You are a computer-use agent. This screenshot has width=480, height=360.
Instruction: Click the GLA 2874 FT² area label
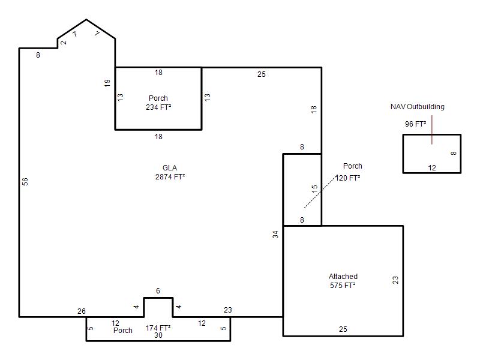170,172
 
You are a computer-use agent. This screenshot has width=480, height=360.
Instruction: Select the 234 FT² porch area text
158,107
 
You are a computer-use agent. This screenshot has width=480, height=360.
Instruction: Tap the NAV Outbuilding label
417,107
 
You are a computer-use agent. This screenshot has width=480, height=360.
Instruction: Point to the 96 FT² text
415,124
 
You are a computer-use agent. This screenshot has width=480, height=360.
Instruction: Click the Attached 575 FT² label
343,281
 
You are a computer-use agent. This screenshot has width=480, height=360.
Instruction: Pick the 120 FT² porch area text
348,178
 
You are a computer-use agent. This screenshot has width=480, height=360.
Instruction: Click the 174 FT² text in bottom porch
158,328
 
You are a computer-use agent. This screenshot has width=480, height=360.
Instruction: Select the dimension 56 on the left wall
25,182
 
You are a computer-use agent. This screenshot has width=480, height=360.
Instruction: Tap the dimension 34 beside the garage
275,235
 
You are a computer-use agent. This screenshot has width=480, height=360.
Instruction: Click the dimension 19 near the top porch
107,83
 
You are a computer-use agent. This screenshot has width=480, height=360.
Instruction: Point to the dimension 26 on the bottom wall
82,311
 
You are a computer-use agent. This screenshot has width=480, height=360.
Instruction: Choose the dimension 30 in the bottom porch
158,335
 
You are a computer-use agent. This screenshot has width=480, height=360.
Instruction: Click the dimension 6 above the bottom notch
158,291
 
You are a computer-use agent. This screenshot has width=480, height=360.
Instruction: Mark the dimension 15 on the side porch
314,189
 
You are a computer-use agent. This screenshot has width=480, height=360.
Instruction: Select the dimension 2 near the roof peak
64,43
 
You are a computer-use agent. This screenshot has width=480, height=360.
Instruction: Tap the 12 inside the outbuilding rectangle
432,168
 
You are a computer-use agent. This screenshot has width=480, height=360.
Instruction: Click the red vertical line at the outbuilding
432,130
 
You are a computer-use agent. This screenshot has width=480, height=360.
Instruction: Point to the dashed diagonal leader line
320,192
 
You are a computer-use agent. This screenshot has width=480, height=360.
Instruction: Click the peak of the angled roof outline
86,20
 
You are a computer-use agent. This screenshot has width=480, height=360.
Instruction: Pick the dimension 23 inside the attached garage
395,280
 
